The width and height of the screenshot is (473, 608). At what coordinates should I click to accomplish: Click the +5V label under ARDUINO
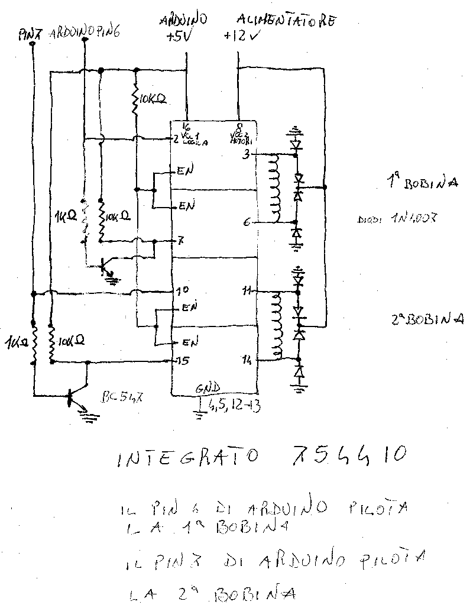coord(178,37)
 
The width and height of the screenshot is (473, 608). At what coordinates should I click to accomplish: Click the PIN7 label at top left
coord(28,35)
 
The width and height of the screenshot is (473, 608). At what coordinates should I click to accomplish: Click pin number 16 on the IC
coord(186,126)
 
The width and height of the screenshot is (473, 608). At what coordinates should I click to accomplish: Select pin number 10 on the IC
coord(182,291)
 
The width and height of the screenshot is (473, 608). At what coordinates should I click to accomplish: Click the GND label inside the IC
coord(209,388)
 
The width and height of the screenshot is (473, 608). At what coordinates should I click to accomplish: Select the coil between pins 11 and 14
coord(275,326)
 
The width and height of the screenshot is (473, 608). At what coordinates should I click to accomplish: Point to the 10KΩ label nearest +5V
coord(150,99)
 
